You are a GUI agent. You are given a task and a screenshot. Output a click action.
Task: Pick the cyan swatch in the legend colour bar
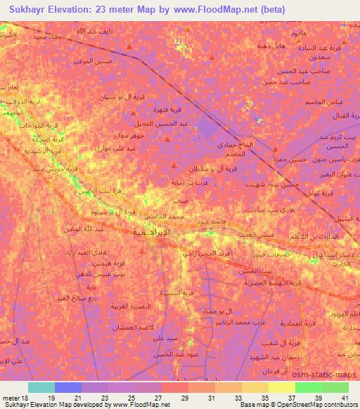[41, 387]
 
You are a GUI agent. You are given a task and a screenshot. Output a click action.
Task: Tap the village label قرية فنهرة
[169, 110]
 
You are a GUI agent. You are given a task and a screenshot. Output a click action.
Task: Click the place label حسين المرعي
[94, 61]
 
